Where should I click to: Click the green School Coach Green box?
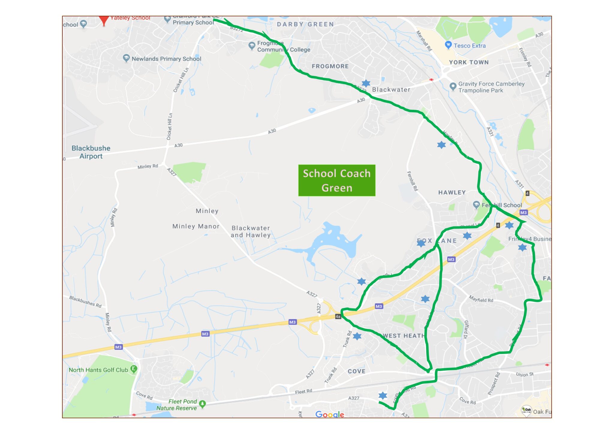(337, 180)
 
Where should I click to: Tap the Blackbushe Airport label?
(91, 152)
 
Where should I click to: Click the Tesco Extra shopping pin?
(448, 45)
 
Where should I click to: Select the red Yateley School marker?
(104, 20)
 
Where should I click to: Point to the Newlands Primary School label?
(166, 59)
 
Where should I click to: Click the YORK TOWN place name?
(469, 62)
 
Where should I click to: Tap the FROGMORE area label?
(330, 66)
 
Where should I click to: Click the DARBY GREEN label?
(305, 24)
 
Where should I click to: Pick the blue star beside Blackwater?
(366, 83)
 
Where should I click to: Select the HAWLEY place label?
(452, 192)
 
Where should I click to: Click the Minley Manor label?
(196, 226)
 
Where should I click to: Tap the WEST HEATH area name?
(404, 336)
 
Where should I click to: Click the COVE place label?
(356, 371)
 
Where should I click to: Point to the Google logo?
(329, 414)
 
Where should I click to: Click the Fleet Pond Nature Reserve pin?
(203, 404)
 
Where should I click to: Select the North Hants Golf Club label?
(98, 370)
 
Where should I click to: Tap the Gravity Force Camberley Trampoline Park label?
(491, 87)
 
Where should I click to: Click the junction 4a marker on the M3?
(338, 316)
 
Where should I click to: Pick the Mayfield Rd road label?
(481, 299)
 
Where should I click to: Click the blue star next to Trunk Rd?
(357, 336)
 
